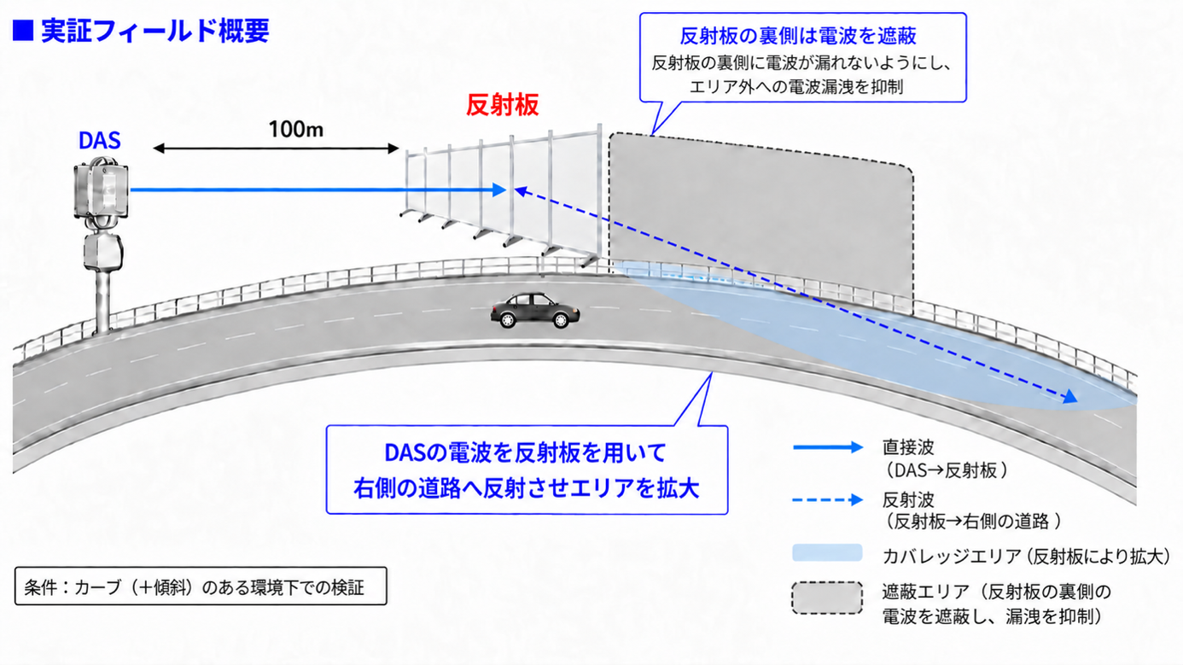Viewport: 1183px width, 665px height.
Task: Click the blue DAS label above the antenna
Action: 99,141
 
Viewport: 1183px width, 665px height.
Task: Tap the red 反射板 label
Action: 502,105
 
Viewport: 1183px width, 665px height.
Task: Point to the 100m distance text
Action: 295,130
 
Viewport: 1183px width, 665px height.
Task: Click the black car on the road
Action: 534,311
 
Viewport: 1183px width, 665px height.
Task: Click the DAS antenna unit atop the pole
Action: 101,190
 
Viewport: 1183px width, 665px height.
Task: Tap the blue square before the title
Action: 23,31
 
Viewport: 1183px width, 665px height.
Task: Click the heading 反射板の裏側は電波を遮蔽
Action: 798,36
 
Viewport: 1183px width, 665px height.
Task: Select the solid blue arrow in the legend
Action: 828,447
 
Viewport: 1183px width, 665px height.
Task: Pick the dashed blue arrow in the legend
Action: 828,499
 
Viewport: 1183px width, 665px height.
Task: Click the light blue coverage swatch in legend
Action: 827,552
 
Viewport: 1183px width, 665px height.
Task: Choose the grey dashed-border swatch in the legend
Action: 827,598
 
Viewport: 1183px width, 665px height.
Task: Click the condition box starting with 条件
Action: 201,586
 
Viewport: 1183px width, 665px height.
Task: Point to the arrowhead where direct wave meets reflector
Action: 499,190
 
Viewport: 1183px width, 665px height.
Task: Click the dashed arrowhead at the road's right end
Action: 1070,397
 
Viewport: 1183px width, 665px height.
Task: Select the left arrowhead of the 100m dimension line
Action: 159,149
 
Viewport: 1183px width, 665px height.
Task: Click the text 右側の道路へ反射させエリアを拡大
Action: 526,488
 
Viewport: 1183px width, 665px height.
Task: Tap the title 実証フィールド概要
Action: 155,31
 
